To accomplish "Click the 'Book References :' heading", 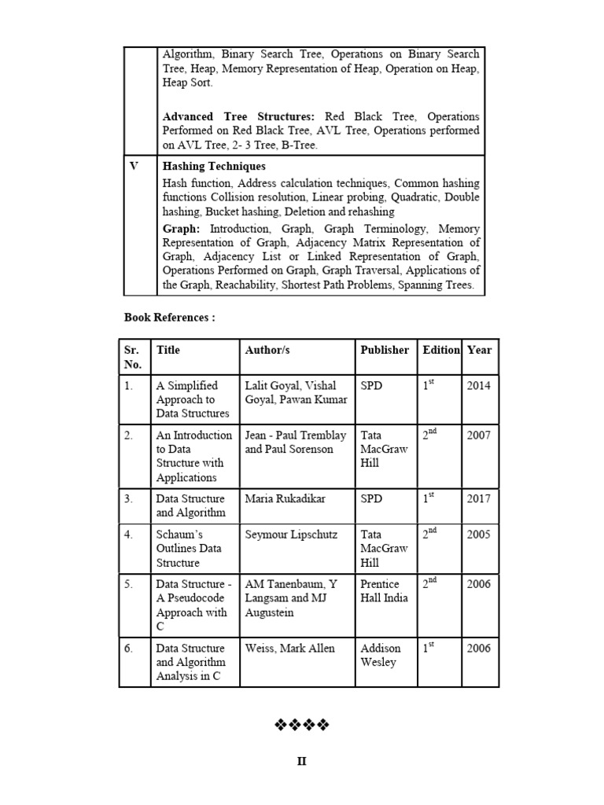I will point(170,318).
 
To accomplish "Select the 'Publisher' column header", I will point(385,350).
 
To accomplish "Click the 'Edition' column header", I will point(441,350).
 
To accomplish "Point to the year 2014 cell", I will point(478,386).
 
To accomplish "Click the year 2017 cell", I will point(478,498).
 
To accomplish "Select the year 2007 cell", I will point(478,436).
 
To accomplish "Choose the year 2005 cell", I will point(478,535).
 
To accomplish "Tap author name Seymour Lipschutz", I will point(291,535).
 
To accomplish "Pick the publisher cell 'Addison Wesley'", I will point(381,655).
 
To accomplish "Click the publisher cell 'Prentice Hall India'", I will point(385,591).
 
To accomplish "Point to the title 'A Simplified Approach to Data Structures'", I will point(193,399).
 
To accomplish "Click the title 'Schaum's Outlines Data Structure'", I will point(189,549).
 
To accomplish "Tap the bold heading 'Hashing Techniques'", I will point(214,167).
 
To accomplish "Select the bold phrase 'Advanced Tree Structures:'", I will point(238,117).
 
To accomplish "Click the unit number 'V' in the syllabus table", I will point(134,167).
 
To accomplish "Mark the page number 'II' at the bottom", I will point(302,762).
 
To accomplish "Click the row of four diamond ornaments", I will point(302,724).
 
